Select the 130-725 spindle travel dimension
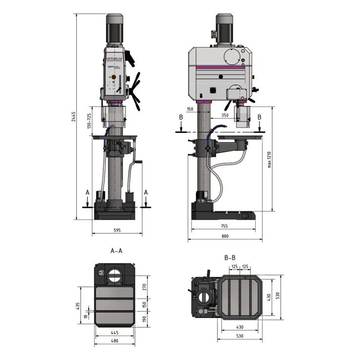click(88, 122)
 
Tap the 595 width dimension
click(117, 230)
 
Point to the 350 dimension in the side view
click(224, 115)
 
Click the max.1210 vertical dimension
click(269, 159)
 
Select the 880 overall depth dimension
click(225, 236)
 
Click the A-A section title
click(116, 251)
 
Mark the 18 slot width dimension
click(85, 316)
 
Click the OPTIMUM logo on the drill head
click(115, 59)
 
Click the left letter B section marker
click(181, 117)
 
